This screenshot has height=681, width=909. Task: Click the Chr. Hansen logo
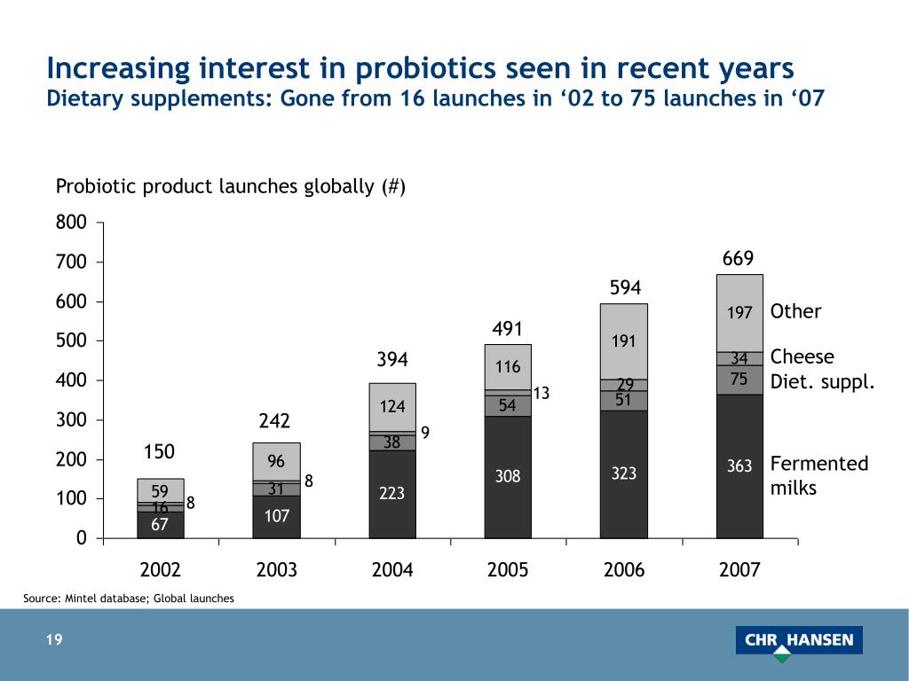click(798, 641)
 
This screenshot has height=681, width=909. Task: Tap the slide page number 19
click(55, 640)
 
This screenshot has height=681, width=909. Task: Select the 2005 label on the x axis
click(508, 570)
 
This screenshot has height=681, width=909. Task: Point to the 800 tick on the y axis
click(72, 223)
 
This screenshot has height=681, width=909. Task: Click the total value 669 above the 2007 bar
click(738, 258)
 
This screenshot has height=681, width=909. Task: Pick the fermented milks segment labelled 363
click(739, 466)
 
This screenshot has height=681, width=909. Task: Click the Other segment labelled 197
click(739, 313)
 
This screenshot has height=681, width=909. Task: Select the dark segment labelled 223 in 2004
click(392, 493)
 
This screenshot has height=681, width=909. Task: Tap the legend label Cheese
click(802, 356)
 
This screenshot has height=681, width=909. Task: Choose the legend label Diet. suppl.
click(822, 383)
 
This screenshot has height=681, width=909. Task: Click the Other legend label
click(795, 311)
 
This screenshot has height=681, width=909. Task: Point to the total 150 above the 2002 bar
click(160, 452)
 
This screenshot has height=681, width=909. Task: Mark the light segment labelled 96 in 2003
click(276, 461)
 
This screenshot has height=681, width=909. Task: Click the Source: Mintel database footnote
click(129, 599)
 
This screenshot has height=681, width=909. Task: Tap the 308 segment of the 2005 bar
click(508, 477)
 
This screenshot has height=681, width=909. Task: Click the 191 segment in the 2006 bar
click(623, 341)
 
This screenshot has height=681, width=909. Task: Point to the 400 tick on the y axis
click(72, 380)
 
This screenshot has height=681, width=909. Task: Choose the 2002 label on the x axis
click(161, 570)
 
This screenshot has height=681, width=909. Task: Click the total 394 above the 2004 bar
click(391, 359)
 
